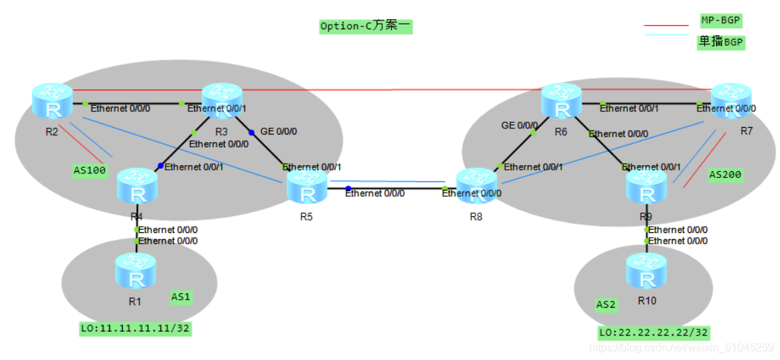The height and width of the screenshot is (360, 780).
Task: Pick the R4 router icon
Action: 136,185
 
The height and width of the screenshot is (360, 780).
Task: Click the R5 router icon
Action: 307,187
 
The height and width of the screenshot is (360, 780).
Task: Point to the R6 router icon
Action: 561,100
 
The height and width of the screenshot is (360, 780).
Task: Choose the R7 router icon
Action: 730,100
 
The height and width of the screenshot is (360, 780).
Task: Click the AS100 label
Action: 90,170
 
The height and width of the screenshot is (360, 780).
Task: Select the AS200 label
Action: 725,175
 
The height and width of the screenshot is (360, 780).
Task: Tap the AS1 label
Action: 181,297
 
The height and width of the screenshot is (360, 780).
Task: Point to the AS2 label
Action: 606,304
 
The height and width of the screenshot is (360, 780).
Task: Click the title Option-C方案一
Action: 366,26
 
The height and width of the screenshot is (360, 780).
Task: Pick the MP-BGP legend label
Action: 720,20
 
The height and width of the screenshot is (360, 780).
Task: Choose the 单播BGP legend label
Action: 721,42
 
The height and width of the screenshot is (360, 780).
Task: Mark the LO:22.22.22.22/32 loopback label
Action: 653,333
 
